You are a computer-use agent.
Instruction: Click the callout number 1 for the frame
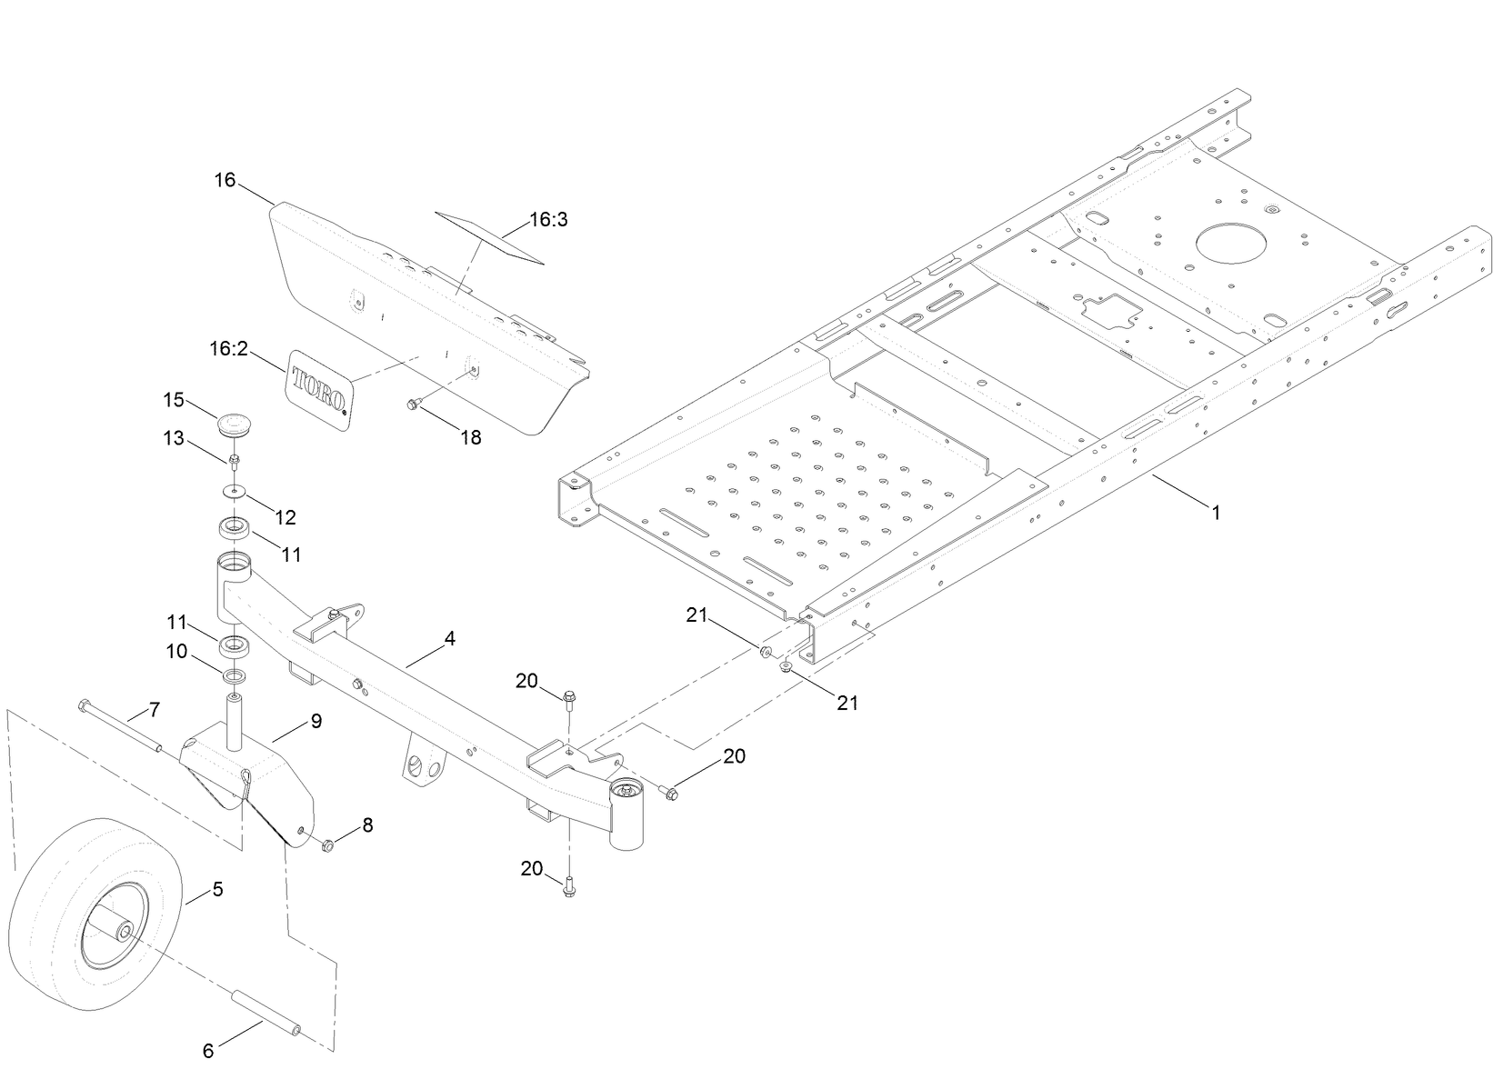(x=1216, y=513)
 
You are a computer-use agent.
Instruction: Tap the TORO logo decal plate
(x=318, y=386)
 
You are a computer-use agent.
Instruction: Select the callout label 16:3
(x=548, y=220)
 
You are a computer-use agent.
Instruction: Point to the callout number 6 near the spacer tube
(x=208, y=1051)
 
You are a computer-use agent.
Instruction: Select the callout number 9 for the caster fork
(x=316, y=721)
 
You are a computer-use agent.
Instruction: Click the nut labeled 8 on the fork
(x=328, y=845)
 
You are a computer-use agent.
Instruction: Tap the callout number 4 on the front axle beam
(x=449, y=638)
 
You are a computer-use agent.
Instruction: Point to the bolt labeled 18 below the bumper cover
(x=411, y=405)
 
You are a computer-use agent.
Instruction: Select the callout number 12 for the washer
(x=286, y=517)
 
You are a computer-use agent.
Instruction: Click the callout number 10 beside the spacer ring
(x=175, y=651)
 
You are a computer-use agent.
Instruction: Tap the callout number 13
(x=174, y=439)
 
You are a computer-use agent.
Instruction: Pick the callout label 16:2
(x=228, y=349)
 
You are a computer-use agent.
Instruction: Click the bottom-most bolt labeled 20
(x=568, y=885)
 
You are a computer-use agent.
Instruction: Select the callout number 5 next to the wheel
(x=217, y=888)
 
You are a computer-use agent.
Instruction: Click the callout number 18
(x=470, y=437)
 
